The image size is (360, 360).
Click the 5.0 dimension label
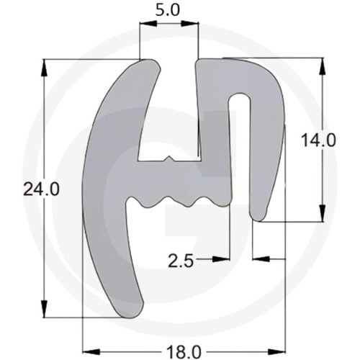pos(167,10)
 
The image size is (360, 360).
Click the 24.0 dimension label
pos(41,190)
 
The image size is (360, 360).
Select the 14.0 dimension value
pos(318,140)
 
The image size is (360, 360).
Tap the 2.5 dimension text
pos(181,261)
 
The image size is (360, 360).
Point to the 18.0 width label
pos(184,352)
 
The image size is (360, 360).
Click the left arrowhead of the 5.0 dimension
pos(148,24)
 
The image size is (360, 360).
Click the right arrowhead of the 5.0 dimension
pos(189,24)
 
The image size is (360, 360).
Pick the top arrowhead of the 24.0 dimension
pos(44,68)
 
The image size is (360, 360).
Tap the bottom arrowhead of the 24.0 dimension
pos(44,309)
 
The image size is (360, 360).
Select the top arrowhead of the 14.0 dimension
pos(323,66)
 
